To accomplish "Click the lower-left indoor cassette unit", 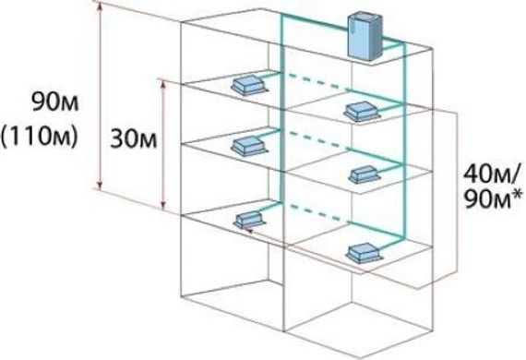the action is coord(249,221).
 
